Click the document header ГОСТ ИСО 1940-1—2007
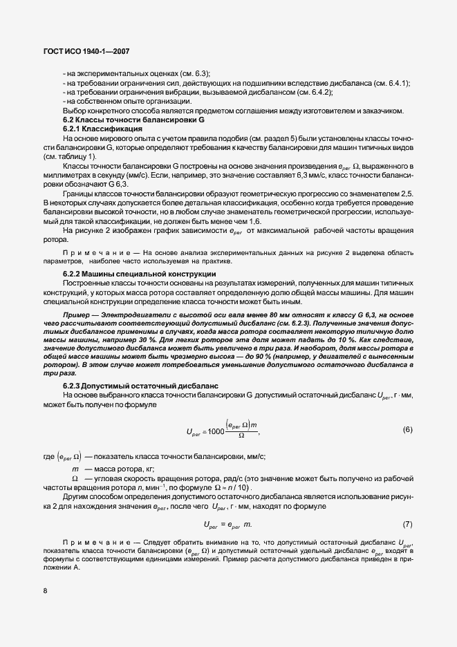click(82, 50)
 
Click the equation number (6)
click(407, 430)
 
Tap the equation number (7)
click(407, 523)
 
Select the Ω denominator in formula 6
click(241, 436)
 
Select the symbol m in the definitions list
click(75, 468)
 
